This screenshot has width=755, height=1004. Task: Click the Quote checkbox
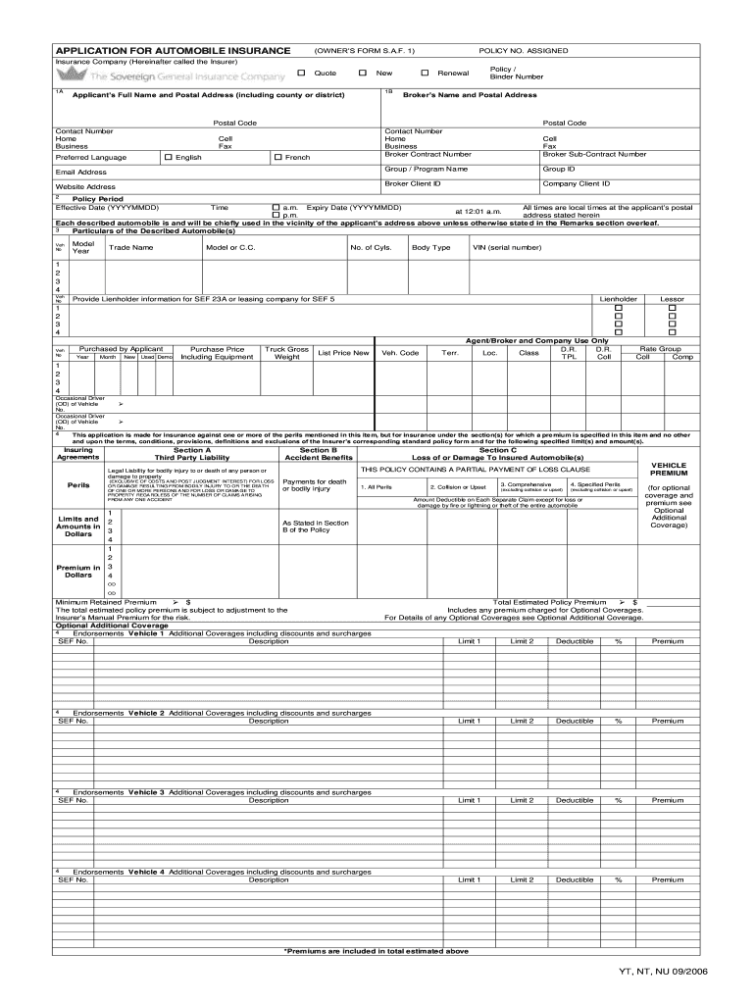coord(301,73)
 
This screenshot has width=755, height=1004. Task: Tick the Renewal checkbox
coord(425,73)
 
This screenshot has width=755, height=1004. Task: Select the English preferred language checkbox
coord(169,157)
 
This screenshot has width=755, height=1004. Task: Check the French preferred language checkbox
coord(278,157)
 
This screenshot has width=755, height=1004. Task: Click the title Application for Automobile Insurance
coord(173,50)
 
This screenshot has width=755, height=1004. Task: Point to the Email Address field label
coord(81,172)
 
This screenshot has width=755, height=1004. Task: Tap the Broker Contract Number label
coord(428,154)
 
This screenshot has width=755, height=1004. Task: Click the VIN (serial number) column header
coord(507,247)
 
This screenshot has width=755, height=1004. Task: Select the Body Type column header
coord(430,247)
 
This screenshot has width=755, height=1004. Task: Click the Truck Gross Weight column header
coord(286,353)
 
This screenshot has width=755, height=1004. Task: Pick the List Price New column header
coord(343,353)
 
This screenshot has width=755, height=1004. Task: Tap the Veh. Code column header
coord(400,353)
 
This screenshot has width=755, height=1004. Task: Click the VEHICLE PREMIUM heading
coord(669,469)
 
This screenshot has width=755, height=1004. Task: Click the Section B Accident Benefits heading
coord(318,453)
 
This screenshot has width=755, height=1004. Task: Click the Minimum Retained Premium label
coord(106,602)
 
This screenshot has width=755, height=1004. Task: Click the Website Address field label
coord(85,186)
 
